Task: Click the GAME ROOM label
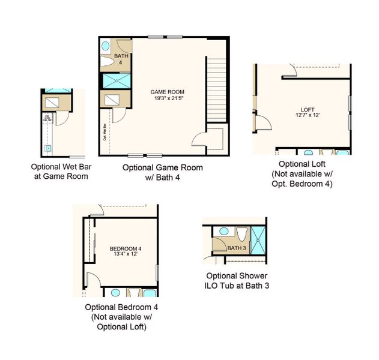pos(166,92)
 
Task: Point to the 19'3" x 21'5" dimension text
pos(166,98)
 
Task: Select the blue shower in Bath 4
pos(117,81)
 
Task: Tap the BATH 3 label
pos(237,247)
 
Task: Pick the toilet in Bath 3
pos(243,233)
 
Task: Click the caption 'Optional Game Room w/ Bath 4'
pos(163,173)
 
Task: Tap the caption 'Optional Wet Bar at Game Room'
pos(60,172)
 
